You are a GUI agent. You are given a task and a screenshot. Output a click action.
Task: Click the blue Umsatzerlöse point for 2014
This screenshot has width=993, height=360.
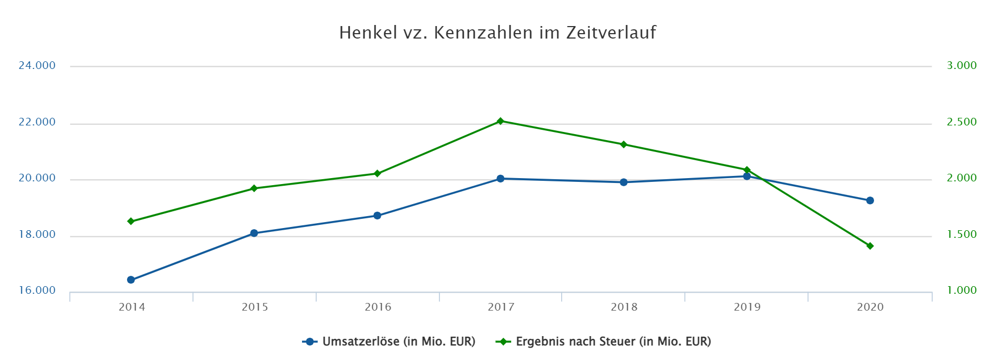coord(131,280)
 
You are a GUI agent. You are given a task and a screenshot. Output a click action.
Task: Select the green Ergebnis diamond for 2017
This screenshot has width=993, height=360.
coord(500,121)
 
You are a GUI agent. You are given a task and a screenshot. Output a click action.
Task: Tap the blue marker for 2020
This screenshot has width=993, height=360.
coord(870,200)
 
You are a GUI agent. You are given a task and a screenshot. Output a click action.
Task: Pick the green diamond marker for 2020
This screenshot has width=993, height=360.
coord(870,246)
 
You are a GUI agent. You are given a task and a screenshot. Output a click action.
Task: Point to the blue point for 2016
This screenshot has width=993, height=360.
coord(378,216)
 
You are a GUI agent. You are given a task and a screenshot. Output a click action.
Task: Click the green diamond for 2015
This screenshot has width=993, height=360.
coord(254,188)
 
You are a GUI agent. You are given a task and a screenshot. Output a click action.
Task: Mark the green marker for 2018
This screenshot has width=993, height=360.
coord(624,144)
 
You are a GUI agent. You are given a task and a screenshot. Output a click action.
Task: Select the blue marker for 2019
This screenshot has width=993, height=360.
coord(747,176)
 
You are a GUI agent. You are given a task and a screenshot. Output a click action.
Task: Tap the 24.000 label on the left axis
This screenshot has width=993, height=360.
coord(37,66)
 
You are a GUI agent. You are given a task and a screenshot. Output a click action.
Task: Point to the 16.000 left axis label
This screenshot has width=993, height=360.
coord(37,290)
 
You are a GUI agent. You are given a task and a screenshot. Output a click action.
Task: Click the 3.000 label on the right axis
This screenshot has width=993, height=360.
coord(961,66)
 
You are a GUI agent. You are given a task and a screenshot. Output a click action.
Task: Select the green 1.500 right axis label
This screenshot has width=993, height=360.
coord(961,235)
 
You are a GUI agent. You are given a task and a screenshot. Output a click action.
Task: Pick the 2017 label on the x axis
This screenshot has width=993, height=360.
coord(501,307)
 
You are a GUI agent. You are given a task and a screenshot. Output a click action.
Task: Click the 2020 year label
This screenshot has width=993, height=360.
coord(870,307)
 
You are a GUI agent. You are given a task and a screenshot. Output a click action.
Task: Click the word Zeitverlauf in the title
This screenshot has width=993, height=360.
coord(611,33)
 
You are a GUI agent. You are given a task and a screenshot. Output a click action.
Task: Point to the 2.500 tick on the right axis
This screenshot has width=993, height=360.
coord(961,122)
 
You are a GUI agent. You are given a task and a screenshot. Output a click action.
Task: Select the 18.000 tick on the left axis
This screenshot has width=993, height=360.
coord(37,235)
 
